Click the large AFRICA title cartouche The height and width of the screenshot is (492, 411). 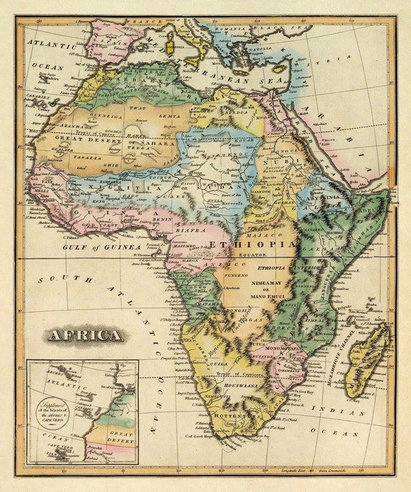(84, 335)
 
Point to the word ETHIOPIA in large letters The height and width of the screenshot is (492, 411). (252, 245)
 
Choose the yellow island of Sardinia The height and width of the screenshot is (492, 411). (171, 48)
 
